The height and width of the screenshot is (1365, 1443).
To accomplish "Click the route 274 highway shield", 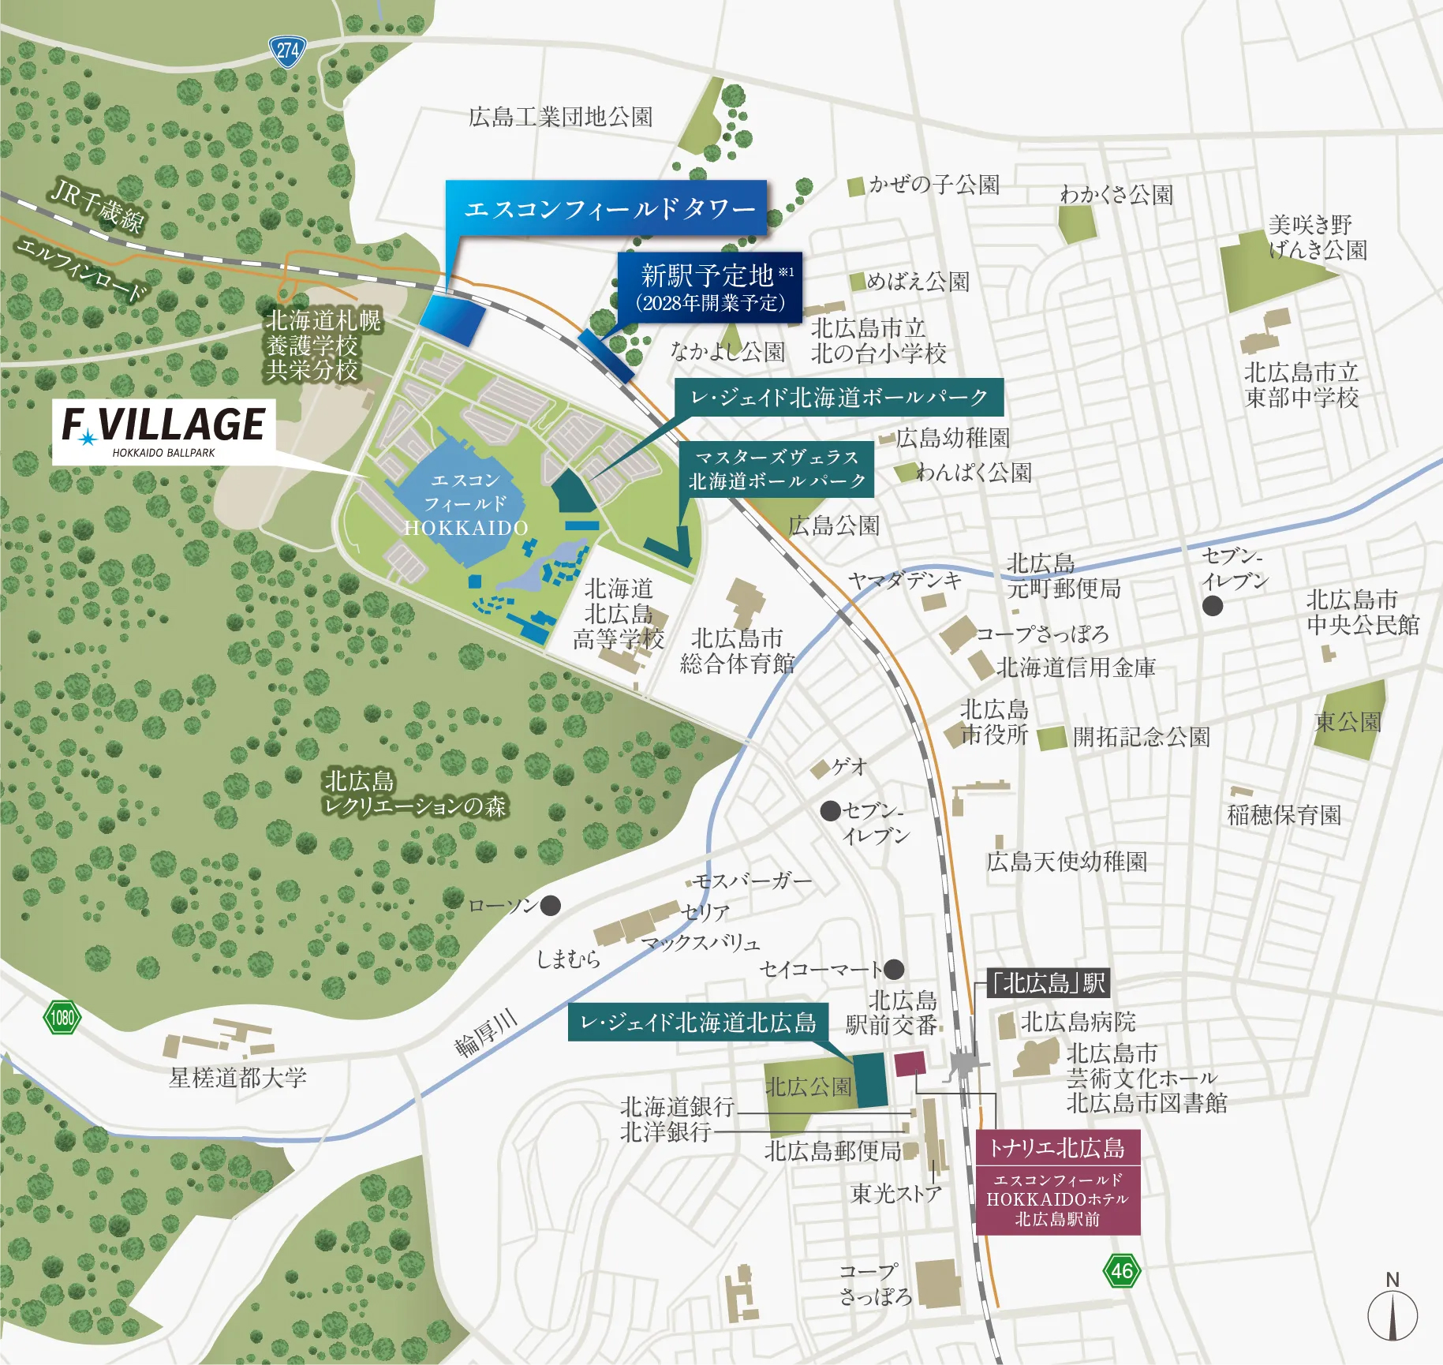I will pos(287,52).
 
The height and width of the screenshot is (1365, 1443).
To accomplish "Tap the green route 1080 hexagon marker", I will pos(62,1017).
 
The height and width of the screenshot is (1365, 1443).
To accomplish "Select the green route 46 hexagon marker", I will pos(1121,1270).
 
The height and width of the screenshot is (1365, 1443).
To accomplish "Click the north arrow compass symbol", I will pos(1393,1314).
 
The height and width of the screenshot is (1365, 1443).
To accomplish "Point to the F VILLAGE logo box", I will pos(164,431).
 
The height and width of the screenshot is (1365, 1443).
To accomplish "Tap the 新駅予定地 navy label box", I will pos(709,287).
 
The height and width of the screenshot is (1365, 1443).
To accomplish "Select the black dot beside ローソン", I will pos(551,905).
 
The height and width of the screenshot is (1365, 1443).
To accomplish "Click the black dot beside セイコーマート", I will pos(894,968).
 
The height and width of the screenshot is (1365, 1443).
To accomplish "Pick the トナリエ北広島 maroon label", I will pos(1057,1148).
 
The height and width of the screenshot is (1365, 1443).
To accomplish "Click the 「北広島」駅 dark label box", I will pos(1049,983).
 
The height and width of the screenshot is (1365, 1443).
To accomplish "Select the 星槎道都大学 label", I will pos(237,1078).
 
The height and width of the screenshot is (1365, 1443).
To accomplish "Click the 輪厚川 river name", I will pos(486,1034).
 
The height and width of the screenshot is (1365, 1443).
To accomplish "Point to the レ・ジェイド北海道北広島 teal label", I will pos(697,1023).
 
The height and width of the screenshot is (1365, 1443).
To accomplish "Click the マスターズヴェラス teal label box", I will pos(776,469).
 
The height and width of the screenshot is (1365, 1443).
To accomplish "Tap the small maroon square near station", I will pos(910,1063).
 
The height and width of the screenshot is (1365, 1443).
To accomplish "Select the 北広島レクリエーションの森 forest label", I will pos(414,794).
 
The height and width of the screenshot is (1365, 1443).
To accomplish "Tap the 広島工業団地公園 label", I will pos(560,118).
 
